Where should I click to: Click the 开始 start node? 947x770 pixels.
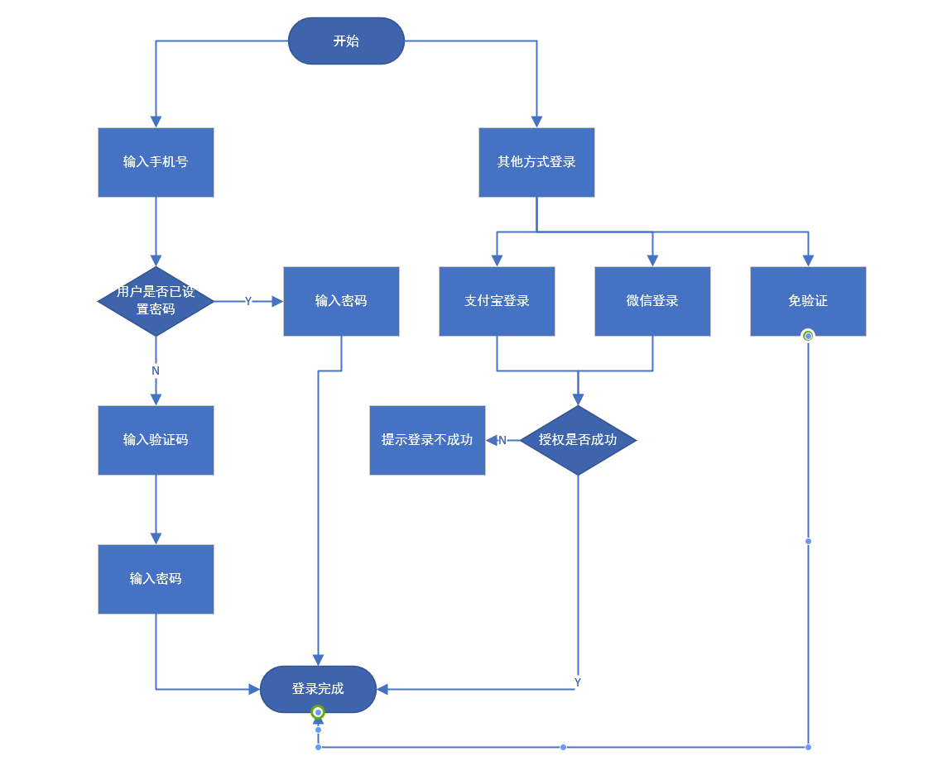pos(346,41)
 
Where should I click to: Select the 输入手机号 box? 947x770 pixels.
pos(156,162)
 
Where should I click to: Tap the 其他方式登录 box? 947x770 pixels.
pos(536,162)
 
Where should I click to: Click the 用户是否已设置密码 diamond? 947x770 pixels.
pos(156,301)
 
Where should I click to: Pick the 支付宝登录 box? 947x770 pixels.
pos(497,301)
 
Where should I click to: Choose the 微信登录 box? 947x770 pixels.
pos(652,301)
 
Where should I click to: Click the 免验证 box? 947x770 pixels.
pos(808,301)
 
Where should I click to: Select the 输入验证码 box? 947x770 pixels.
pos(156,440)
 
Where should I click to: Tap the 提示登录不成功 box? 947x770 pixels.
pos(427,440)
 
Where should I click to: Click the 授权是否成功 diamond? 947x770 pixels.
pos(578,440)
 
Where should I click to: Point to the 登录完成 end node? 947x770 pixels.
pos(318,689)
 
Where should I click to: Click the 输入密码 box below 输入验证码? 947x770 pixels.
pos(156,579)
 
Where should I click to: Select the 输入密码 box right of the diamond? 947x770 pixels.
pos(341,301)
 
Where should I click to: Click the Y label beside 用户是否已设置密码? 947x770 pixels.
pos(248,301)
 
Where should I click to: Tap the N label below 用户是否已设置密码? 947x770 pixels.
pos(156,371)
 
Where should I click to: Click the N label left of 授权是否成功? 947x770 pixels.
pos(502,441)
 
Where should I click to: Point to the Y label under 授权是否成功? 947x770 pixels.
pos(578,682)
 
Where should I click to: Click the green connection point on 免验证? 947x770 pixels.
pos(808,336)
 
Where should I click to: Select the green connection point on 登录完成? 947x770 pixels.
pos(318,713)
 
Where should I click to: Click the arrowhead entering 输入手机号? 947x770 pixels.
pos(156,122)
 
